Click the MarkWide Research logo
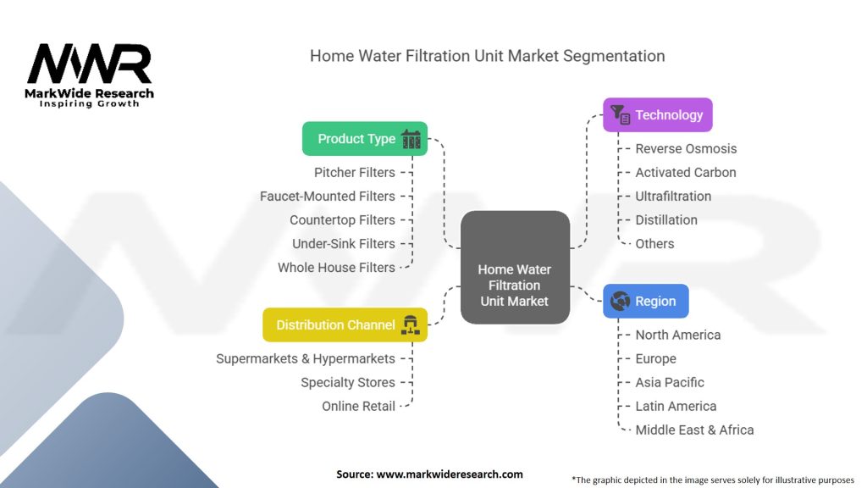coord(90,75)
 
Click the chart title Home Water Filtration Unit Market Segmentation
coord(487,56)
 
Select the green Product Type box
coord(365,139)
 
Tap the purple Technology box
coord(657,115)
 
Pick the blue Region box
coord(645,302)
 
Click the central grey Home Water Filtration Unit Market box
coord(515,268)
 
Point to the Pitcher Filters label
coord(355,173)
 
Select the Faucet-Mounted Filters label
coord(328,197)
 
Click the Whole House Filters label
coord(336,268)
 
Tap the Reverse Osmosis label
coord(686,149)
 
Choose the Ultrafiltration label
coord(673,197)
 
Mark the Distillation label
coord(666,220)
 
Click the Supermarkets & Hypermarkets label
coord(306,359)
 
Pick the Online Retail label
coord(358,407)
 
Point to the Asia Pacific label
coord(670,383)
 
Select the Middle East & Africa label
coord(694,430)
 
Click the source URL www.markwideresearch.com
coord(449,474)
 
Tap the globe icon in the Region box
coord(619,302)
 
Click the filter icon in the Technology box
coord(620,115)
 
